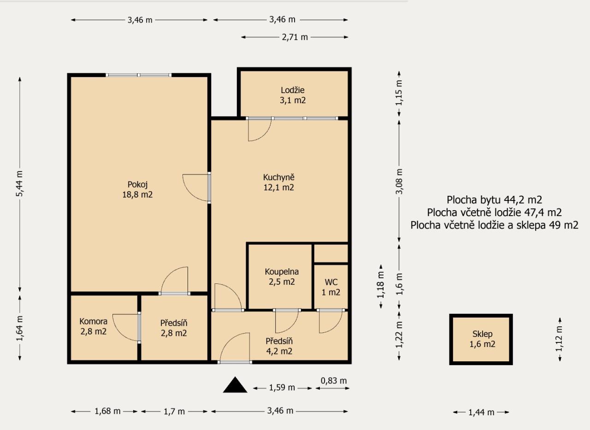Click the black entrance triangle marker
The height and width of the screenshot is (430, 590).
tap(235, 385)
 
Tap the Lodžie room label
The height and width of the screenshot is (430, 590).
tap(293, 95)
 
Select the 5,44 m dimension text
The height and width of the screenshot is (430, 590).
tap(20, 183)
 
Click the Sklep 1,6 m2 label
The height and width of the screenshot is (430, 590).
tap(482, 339)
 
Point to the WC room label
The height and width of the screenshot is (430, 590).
tap(331, 287)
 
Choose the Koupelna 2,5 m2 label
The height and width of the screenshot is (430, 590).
tap(282, 277)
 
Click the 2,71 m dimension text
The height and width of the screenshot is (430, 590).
tap(295, 37)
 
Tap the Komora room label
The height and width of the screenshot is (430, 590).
tap(93, 326)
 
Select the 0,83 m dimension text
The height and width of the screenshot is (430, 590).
tap(334, 381)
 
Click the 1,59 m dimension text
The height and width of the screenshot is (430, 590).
tap(282, 388)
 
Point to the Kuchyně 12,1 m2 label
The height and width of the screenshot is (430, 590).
tap(279, 182)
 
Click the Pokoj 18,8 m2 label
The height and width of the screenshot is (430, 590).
tap(137, 189)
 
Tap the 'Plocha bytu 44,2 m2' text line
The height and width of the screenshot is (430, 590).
tap(495, 200)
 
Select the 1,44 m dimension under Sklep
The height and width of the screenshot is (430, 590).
tap(481, 412)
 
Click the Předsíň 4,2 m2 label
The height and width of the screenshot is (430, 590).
tap(279, 346)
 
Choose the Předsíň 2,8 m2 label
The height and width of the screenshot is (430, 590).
tap(174, 328)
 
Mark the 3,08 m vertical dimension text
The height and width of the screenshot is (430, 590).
tap(399, 182)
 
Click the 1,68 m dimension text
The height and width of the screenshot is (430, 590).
tap(107, 411)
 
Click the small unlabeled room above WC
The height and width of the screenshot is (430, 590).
tap(331, 253)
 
